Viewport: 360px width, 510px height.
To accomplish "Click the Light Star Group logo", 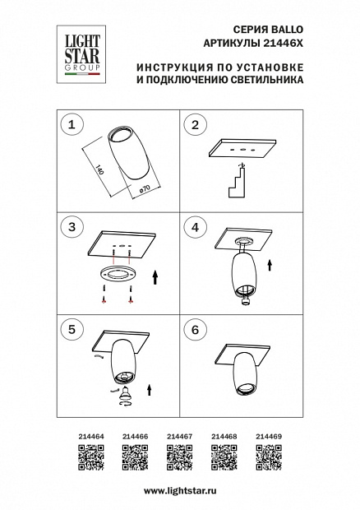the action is pyautogui.click(x=81, y=54).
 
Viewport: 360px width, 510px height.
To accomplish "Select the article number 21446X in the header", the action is pyautogui.click(x=283, y=44).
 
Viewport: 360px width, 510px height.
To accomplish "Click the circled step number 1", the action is pyautogui.click(x=72, y=124).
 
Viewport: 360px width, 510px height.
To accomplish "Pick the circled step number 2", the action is pyautogui.click(x=195, y=124).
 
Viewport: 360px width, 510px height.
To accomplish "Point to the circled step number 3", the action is pyautogui.click(x=72, y=227).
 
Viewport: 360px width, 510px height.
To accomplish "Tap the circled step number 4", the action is pyautogui.click(x=195, y=227).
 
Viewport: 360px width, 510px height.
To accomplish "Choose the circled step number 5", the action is pyautogui.click(x=72, y=330).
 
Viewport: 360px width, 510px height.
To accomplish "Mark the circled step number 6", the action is pyautogui.click(x=195, y=330).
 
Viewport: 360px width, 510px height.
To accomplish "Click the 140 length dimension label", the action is pyautogui.click(x=99, y=170).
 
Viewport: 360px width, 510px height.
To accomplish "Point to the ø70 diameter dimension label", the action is pyautogui.click(x=144, y=189).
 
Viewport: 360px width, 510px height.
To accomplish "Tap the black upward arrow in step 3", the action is pyautogui.click(x=155, y=277).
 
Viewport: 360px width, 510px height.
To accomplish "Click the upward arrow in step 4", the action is pyautogui.click(x=270, y=265).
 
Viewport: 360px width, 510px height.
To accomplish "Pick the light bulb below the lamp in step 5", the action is pyautogui.click(x=124, y=393).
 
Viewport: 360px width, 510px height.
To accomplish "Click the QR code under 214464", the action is pyautogui.click(x=91, y=457).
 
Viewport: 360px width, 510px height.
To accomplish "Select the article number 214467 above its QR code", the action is pyautogui.click(x=180, y=437).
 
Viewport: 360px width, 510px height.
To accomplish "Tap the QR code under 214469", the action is pyautogui.click(x=269, y=457).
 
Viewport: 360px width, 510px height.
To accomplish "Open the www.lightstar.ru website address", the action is pyautogui.click(x=180, y=491).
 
